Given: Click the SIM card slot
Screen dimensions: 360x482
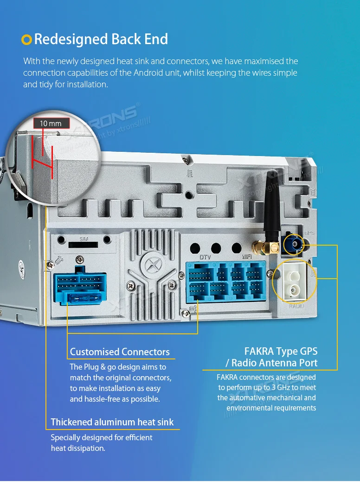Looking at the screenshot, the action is pos(84,244).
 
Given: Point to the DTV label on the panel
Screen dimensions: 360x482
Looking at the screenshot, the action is pos(206,257).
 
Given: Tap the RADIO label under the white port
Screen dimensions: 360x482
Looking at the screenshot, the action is pos(296,306).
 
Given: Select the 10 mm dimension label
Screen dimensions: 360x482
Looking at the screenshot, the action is pos(51,124).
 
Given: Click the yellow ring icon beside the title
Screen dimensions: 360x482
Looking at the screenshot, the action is pos(27,40).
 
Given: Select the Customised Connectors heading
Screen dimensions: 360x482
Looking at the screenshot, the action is pos(120,352).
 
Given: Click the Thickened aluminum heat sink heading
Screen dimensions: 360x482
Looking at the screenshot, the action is pos(112,422).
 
